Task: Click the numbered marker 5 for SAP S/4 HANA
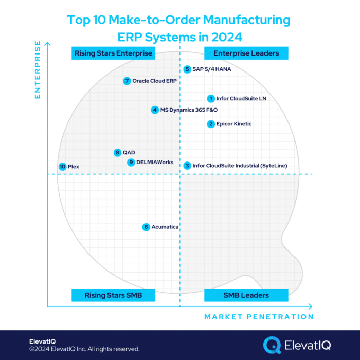[188, 69]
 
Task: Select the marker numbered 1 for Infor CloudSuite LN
[211, 98]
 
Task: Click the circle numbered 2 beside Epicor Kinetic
[211, 124]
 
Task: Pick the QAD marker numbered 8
[118, 152]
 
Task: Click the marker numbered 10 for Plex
[62, 166]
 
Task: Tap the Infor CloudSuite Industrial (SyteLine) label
[240, 166]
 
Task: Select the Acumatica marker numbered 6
[147, 227]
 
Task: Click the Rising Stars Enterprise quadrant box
[113, 53]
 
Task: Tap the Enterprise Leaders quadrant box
[246, 53]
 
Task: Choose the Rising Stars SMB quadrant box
[113, 295]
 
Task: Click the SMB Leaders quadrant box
[246, 295]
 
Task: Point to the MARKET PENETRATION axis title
[259, 317]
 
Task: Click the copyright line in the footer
[84, 349]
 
